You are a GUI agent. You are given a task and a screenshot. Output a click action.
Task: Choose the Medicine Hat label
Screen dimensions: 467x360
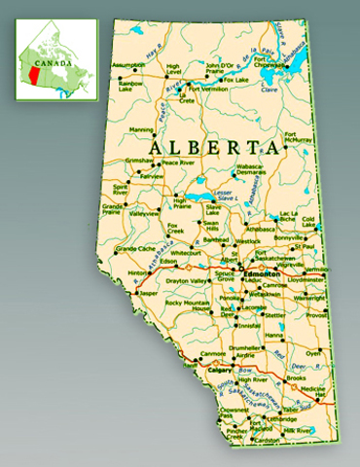pyautogui.click(x=311, y=392)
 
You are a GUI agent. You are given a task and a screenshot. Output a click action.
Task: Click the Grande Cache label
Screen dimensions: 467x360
pyautogui.click(x=135, y=249)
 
